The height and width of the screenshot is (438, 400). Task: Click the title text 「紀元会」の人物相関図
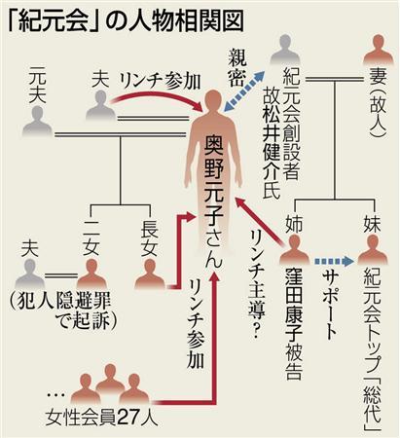pyautogui.click(x=126, y=21)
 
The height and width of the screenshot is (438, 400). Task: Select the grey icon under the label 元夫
pyautogui.click(x=37, y=120)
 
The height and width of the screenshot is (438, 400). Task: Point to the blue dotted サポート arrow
pyautogui.click(x=334, y=261)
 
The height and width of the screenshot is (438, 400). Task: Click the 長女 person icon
pyautogui.click(x=150, y=274)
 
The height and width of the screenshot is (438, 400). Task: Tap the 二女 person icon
pyautogui.click(x=92, y=274)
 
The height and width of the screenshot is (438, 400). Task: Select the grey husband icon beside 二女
pyautogui.click(x=29, y=274)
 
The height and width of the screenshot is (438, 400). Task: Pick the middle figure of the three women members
pyautogui.click(x=111, y=378)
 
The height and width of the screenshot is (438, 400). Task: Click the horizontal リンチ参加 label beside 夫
pyautogui.click(x=160, y=82)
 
